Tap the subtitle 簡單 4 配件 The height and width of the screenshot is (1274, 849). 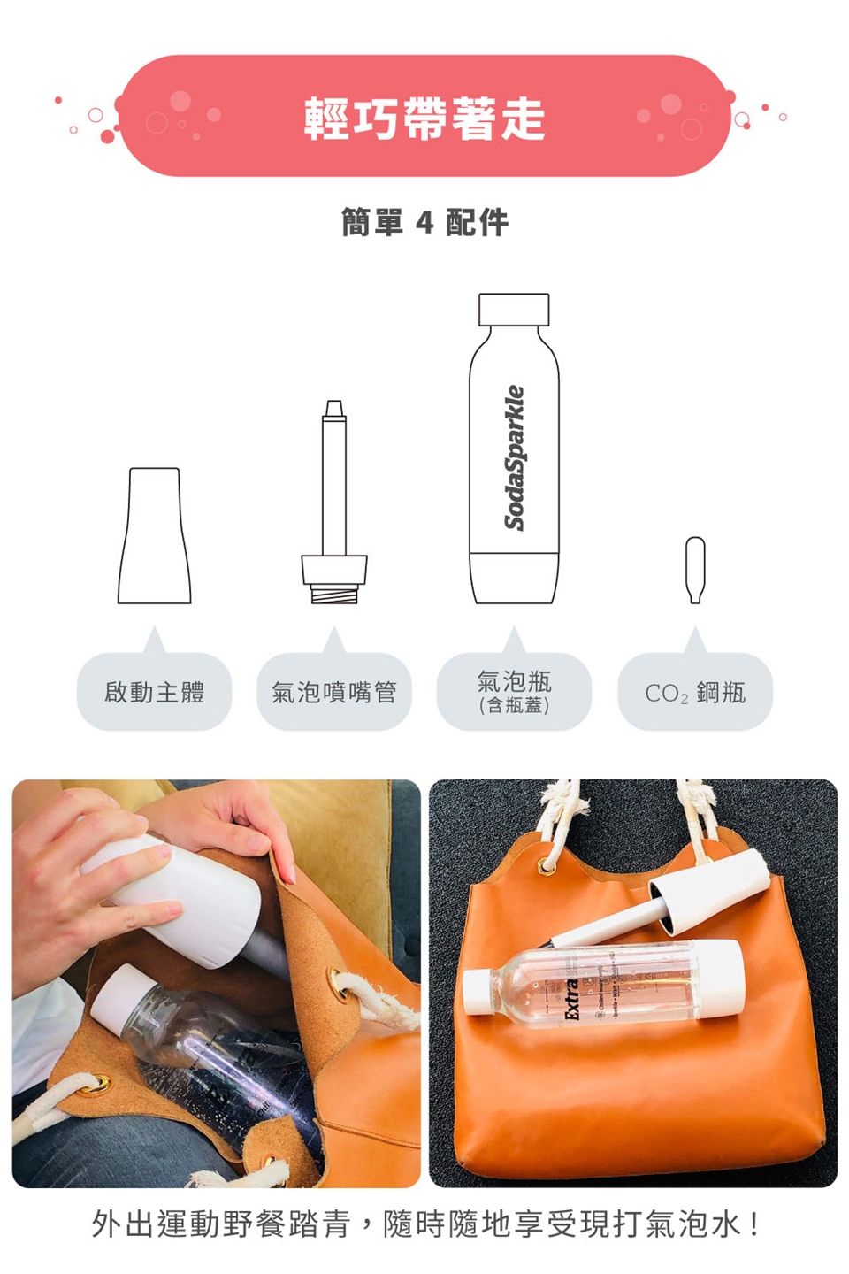424,223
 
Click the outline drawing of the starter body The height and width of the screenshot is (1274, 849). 155,540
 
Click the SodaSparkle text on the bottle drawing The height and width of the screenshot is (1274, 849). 514,457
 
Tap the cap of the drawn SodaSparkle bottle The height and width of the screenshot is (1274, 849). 514,310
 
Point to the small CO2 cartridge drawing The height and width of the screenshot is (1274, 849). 695,570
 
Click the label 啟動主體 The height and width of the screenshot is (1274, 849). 155,693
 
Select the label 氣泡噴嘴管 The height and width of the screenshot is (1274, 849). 333,693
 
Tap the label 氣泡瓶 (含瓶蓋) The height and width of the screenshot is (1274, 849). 514,691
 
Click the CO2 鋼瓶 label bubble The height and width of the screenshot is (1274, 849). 695,693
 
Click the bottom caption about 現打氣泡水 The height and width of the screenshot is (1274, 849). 424,1224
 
